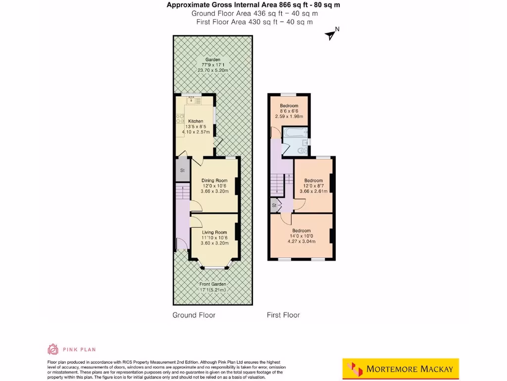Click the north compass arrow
(330, 34)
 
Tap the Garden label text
(213, 60)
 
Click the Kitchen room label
(196, 122)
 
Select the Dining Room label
(214, 181)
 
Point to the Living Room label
(214, 232)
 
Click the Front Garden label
(213, 284)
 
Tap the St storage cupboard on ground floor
(182, 171)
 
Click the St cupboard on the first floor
(274, 205)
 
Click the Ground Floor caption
(194, 315)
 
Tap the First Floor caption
(283, 315)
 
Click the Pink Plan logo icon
(53, 349)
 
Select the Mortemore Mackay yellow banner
(401, 369)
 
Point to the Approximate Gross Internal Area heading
(253, 5)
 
